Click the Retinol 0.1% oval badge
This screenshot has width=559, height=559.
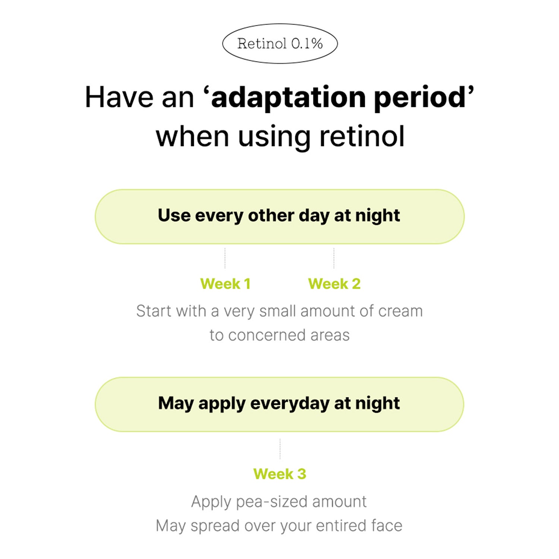click(280, 44)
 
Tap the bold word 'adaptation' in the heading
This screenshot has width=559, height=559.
click(288, 98)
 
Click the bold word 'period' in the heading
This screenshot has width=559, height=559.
click(420, 98)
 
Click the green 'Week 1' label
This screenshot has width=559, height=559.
click(225, 284)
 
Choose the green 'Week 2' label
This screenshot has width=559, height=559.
click(334, 284)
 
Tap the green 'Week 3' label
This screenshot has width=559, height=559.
click(279, 474)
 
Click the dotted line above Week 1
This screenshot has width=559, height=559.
click(225, 258)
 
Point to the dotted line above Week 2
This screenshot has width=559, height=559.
click(334, 258)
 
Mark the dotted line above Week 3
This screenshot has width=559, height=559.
click(280, 449)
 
